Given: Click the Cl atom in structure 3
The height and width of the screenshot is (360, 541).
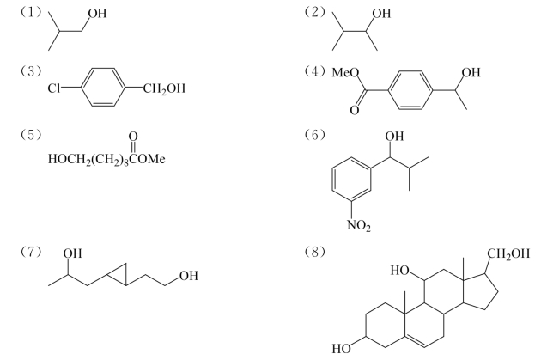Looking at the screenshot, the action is tap(53, 88).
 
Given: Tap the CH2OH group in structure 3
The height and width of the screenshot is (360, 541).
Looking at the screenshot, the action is tap(164, 88).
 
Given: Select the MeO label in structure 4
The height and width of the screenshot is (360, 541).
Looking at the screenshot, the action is tap(345, 72).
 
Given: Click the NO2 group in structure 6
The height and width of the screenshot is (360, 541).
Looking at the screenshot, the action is tap(359, 226).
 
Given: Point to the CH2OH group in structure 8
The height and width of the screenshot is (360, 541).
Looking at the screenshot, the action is tap(508, 253).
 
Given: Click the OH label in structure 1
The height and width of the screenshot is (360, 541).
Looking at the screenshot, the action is tap(97, 14).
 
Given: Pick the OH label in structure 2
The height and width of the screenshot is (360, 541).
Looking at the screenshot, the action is tap(381, 14).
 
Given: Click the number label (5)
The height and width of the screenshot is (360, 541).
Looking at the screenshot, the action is tap(31, 135).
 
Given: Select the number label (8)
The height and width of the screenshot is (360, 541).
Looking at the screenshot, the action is tap(314, 252).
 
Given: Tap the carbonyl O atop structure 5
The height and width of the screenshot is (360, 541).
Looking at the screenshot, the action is tap(133, 137).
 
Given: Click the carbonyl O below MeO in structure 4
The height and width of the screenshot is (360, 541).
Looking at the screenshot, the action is tap(355, 110).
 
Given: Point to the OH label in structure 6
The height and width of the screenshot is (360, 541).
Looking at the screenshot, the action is tap(394, 137).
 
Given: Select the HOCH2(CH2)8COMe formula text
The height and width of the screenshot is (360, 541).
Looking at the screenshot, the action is tap(106, 159).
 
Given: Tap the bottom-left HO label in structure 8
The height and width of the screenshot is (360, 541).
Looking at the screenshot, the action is tap(341, 349).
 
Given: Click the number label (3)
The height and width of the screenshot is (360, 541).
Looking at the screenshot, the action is tap(31, 71).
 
